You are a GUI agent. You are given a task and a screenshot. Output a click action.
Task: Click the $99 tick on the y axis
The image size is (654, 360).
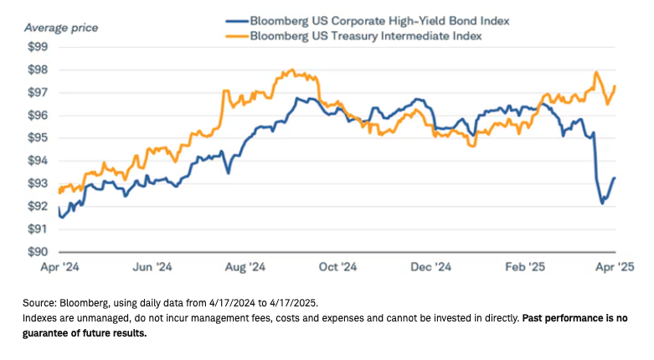pyautogui.click(x=38, y=47)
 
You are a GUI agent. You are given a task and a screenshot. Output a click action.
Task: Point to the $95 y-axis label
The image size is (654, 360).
pyautogui.click(x=38, y=137)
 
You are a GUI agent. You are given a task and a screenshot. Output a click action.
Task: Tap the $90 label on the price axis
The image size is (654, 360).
pyautogui.click(x=38, y=251)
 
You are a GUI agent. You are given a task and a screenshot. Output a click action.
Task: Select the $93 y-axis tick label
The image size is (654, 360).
pyautogui.click(x=38, y=183)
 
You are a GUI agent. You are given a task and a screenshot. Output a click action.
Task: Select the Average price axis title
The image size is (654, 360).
pyautogui.click(x=61, y=28)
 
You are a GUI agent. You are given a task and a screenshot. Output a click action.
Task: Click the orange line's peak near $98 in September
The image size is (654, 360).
pyautogui.click(x=291, y=70)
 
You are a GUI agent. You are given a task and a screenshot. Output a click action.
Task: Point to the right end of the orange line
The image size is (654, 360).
pyautogui.click(x=616, y=85)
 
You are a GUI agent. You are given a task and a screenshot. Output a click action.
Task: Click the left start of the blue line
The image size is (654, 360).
pyautogui.click(x=59, y=216)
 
